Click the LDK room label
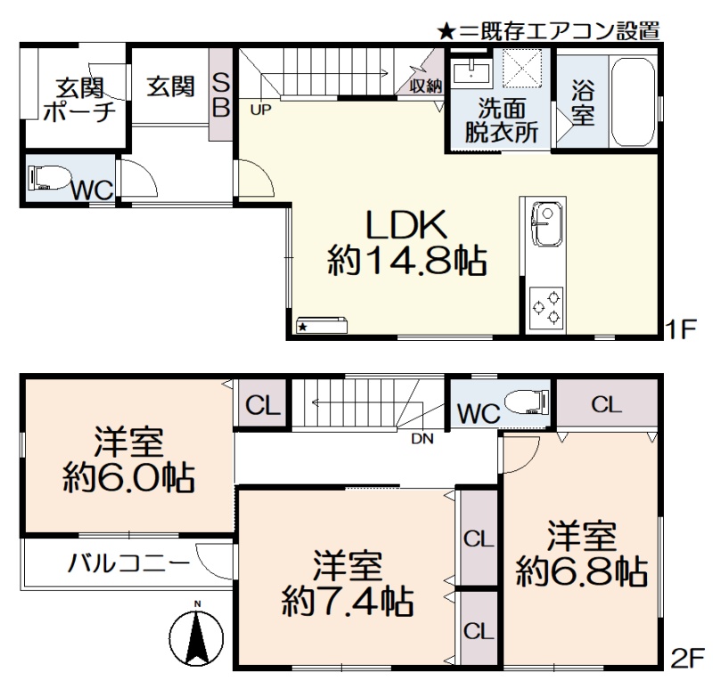coord(406,226)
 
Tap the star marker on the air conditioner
coord(302,327)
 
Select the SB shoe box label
coord(221,96)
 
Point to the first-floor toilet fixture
coord(49,176)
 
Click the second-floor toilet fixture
coord(527,401)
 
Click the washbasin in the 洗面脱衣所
coord(471,73)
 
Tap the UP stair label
coord(260,109)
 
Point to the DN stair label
coord(422,439)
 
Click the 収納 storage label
coord(426,85)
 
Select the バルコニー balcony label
coord(128,563)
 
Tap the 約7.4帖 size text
coord(348,602)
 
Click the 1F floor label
coord(681,329)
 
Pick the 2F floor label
coord(687,660)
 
